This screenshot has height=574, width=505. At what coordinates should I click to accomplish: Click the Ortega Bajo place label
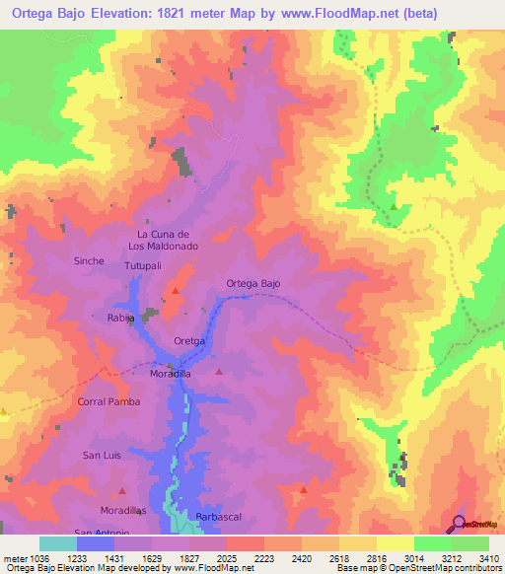(x=253, y=283)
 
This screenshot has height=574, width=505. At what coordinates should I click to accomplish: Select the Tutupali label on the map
(x=141, y=267)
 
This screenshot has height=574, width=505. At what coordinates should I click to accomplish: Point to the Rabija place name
(x=120, y=319)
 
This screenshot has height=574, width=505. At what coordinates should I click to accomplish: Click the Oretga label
(x=188, y=341)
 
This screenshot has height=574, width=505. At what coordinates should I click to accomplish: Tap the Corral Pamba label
(x=108, y=402)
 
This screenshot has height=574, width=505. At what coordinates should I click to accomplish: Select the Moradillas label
(x=123, y=510)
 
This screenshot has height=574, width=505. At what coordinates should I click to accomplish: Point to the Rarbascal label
(x=218, y=517)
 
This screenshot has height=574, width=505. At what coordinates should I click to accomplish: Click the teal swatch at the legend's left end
(x=58, y=543)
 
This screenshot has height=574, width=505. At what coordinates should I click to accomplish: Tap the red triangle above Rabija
(x=176, y=291)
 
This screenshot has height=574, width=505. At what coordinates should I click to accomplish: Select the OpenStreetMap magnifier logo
(x=459, y=524)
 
